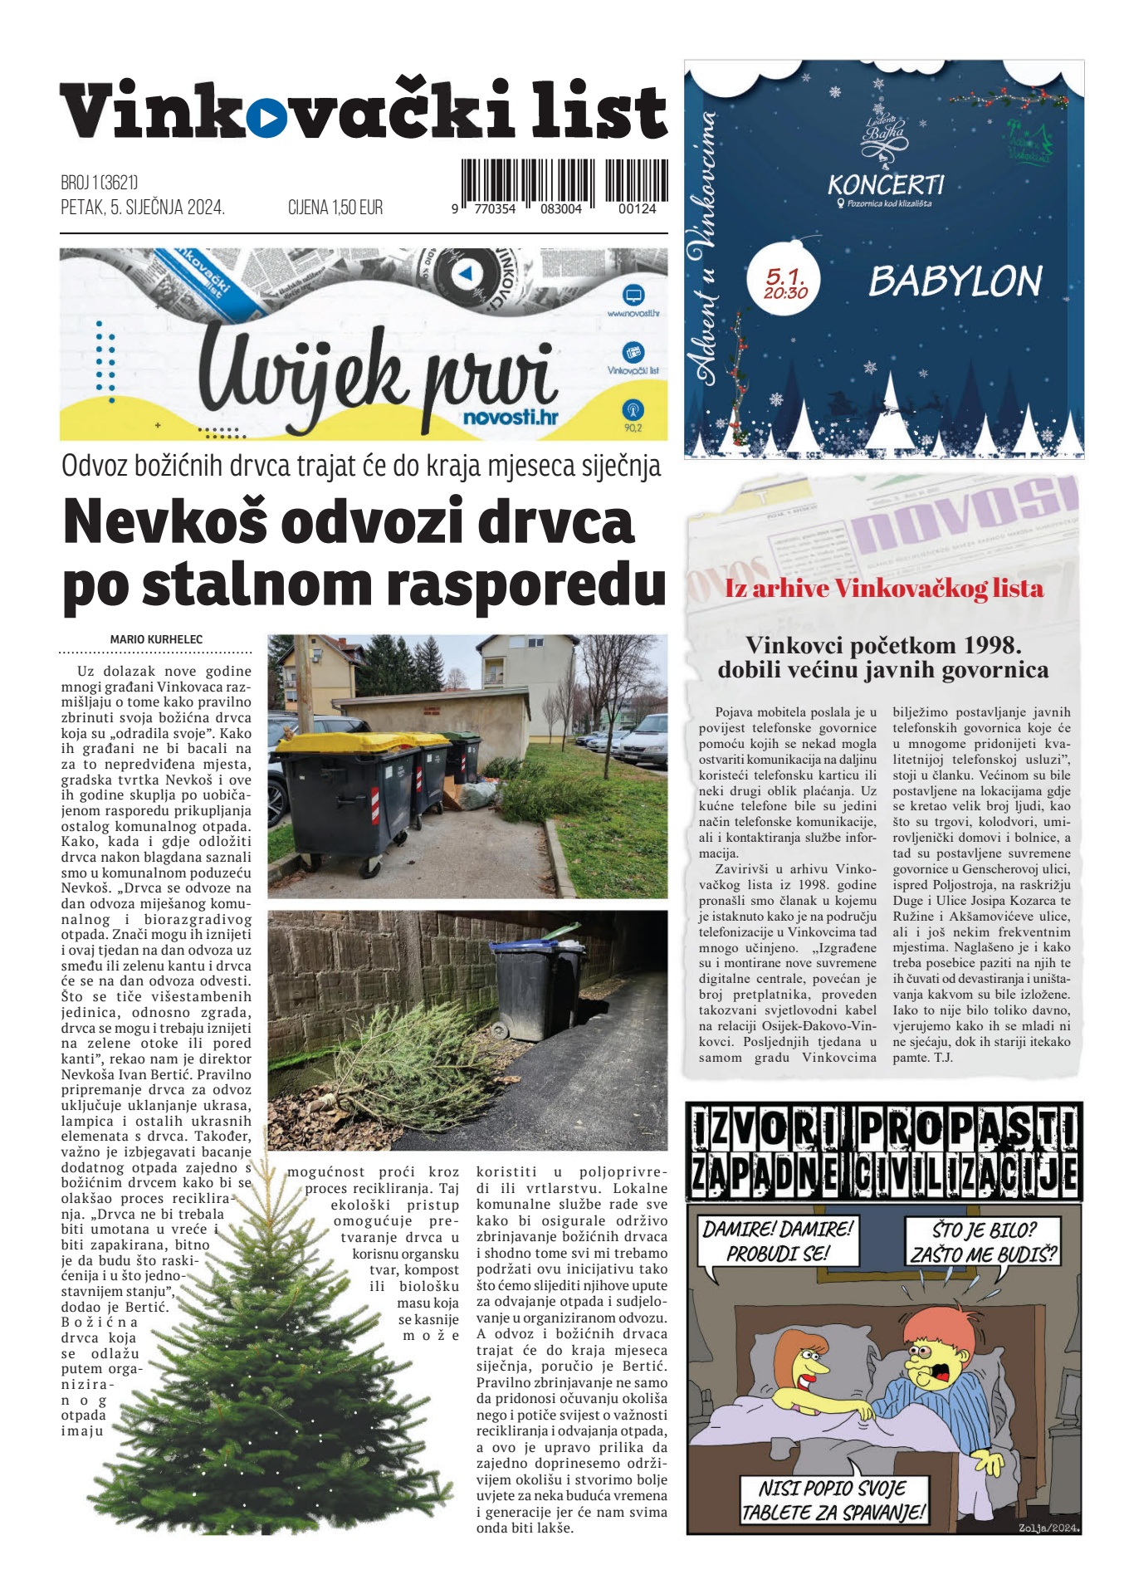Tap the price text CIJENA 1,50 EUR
[335, 208]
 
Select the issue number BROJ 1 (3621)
[100, 182]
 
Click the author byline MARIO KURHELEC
[156, 639]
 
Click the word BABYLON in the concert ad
[955, 281]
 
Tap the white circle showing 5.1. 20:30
[785, 283]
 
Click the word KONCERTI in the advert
[886, 184]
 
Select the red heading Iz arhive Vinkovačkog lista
[884, 589]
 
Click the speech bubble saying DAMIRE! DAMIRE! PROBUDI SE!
[777, 1240]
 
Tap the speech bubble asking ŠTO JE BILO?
[984, 1241]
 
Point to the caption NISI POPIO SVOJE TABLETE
[833, 1499]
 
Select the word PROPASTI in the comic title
[968, 1129]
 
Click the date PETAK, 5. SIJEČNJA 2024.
[143, 208]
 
